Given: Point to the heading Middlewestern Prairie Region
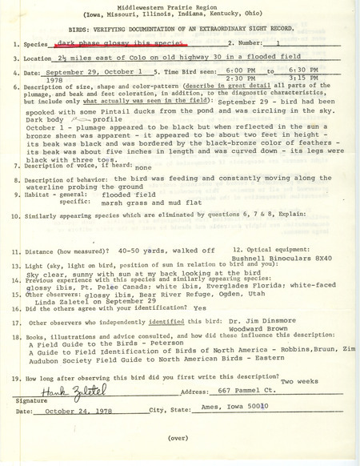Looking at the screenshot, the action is coord(180,6).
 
